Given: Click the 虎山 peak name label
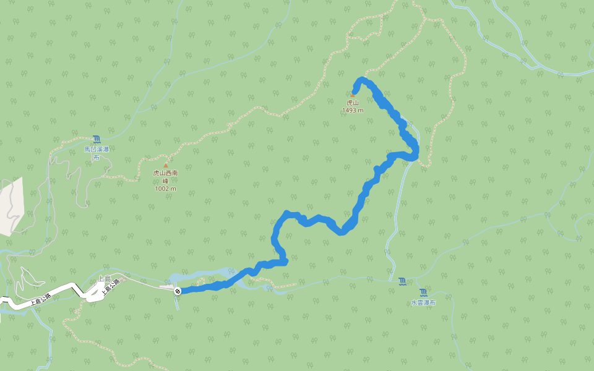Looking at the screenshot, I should pyautogui.click(x=353, y=103).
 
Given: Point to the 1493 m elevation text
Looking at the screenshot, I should pyautogui.click(x=353, y=110).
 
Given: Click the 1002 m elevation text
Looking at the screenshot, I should pyautogui.click(x=165, y=189).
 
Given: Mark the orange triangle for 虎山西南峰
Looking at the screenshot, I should pyautogui.click(x=165, y=166).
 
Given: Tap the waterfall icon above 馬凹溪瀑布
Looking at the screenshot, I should pyautogui.click(x=97, y=140).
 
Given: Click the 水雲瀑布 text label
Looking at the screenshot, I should pyautogui.click(x=423, y=303).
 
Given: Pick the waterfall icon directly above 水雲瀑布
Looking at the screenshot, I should pyautogui.click(x=423, y=292).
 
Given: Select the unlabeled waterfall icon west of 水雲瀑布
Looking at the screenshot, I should pyautogui.click(x=403, y=282).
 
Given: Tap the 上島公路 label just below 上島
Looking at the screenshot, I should pyautogui.click(x=110, y=289).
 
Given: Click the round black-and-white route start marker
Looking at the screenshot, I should pyautogui.click(x=178, y=291).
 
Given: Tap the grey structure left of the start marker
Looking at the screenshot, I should pyautogui.click(x=166, y=286).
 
